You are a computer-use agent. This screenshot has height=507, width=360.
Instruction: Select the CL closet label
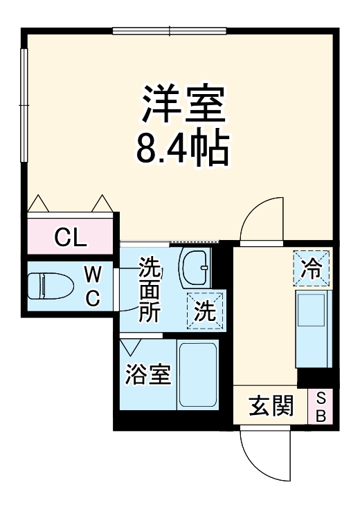[x=70, y=237]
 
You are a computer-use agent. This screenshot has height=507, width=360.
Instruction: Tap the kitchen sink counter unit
[x=313, y=329]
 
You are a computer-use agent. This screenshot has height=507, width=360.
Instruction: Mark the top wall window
[x=170, y=30]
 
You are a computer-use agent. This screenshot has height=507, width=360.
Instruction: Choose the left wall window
[x=24, y=104]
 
